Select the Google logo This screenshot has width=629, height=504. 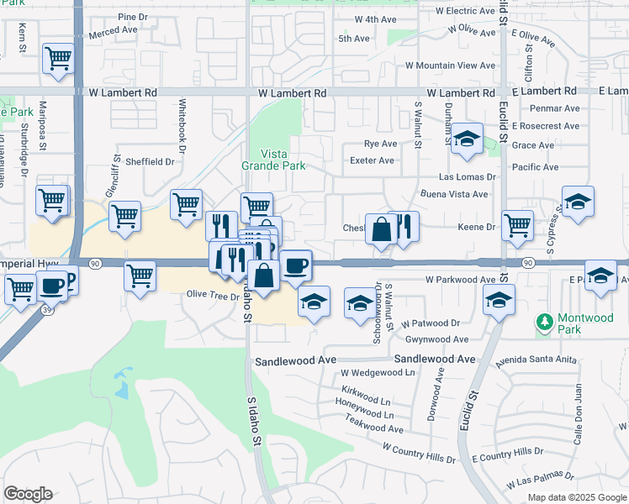[x=28, y=493]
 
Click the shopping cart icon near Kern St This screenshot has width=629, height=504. [x=58, y=58]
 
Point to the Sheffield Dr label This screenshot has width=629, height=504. [x=149, y=161]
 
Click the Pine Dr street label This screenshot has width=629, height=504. [x=132, y=17]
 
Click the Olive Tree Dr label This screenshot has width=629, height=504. [x=208, y=294]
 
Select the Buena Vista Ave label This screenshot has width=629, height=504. [x=455, y=194]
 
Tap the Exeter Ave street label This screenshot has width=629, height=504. [x=373, y=160]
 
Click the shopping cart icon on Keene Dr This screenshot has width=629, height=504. [x=517, y=224]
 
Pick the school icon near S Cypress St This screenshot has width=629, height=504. [x=578, y=202]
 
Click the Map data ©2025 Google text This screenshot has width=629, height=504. [x=577, y=496]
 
